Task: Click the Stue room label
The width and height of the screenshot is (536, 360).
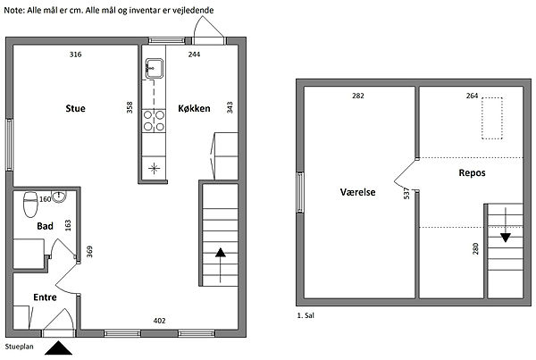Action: click(x=75, y=108)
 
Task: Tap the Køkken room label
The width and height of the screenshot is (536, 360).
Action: click(x=194, y=108)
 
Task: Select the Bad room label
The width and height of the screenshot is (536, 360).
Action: click(x=46, y=226)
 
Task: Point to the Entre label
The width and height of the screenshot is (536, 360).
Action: click(x=46, y=297)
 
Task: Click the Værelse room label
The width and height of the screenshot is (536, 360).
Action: click(x=357, y=192)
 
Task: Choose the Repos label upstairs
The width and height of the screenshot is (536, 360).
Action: click(x=472, y=172)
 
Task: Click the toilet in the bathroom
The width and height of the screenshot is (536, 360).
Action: click(x=30, y=205)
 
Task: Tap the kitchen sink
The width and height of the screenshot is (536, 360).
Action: click(x=155, y=69)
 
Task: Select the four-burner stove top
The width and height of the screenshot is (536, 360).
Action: click(x=154, y=121)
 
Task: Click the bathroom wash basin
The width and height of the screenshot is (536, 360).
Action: click(x=59, y=197)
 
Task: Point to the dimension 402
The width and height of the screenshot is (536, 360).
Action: click(x=159, y=321)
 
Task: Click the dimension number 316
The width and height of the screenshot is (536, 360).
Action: click(x=75, y=54)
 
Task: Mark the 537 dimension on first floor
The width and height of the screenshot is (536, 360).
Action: click(x=406, y=193)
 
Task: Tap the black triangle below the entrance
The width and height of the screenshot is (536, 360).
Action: click(x=58, y=348)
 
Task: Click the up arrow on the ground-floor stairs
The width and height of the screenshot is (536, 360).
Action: click(x=221, y=265)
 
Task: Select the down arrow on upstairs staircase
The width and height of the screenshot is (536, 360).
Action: click(x=506, y=224)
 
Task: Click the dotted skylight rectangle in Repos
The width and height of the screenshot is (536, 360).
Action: click(x=492, y=118)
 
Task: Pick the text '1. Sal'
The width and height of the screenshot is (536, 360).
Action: click(x=306, y=315)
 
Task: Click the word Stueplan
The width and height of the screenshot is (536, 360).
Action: click(x=19, y=347)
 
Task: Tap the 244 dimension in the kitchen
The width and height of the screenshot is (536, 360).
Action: click(x=194, y=54)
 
